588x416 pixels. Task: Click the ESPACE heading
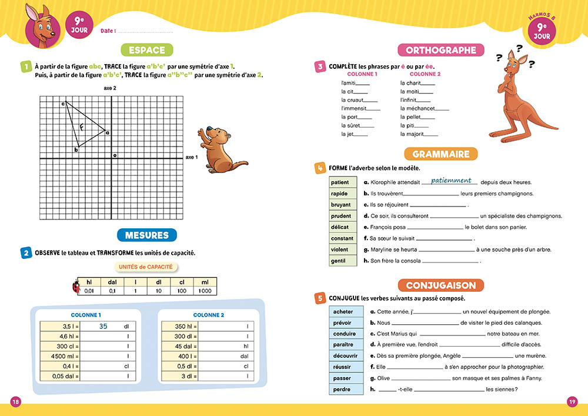147,50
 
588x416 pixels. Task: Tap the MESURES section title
147,235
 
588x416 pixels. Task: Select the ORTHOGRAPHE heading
441,50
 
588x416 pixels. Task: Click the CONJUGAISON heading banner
441,285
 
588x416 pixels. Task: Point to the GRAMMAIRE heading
441,154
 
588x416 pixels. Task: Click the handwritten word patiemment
451,181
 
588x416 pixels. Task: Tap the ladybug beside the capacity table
75,287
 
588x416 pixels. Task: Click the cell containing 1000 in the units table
205,291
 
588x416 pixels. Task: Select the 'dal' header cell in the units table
112,282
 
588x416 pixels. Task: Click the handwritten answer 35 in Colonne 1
103,326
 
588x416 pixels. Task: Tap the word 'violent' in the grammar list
340,249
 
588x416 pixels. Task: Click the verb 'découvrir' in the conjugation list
343,355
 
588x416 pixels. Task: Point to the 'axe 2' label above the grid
110,88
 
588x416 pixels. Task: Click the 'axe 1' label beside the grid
192,158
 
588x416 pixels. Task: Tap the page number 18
16,401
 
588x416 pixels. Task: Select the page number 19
572,401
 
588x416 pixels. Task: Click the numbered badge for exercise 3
320,66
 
